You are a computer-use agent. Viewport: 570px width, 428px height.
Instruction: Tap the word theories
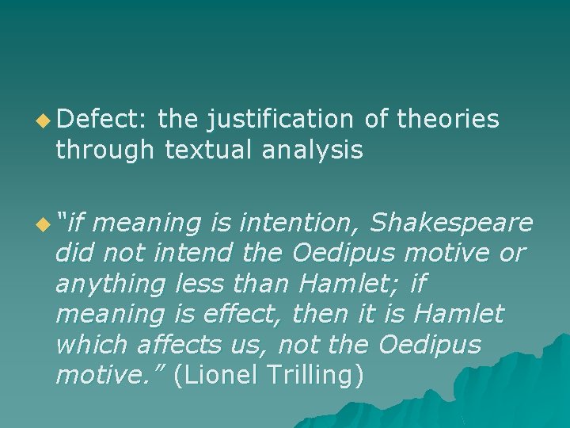pyautogui.click(x=448, y=119)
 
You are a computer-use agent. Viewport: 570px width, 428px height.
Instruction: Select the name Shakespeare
pyautogui.click(x=452, y=224)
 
